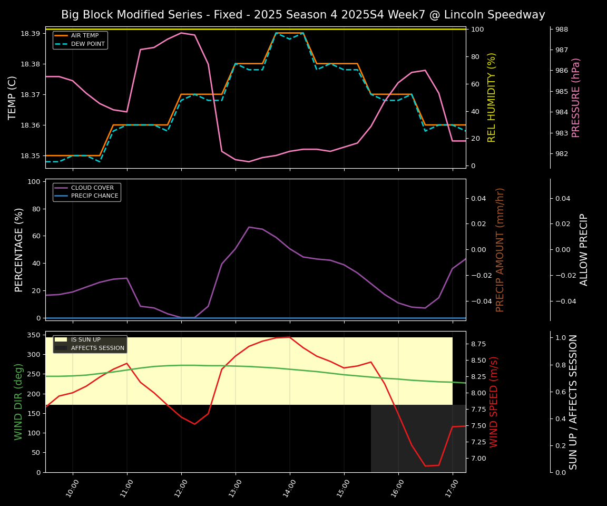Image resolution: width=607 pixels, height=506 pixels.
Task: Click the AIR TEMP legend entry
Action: (84, 36)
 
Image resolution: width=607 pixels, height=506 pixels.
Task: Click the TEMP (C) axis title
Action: (13, 98)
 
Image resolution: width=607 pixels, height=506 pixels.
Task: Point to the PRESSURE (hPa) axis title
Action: (576, 98)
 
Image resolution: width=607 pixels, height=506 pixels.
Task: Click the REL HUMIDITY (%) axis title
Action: (492, 98)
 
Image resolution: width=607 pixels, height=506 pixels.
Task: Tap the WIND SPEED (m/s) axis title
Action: (494, 402)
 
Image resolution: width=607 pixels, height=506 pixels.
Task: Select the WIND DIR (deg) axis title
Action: (19, 402)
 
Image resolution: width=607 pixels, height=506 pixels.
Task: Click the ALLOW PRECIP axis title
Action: (584, 249)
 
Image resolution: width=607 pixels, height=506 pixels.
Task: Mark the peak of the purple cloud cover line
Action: (249, 227)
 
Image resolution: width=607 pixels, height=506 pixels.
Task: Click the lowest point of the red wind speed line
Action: (425, 466)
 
